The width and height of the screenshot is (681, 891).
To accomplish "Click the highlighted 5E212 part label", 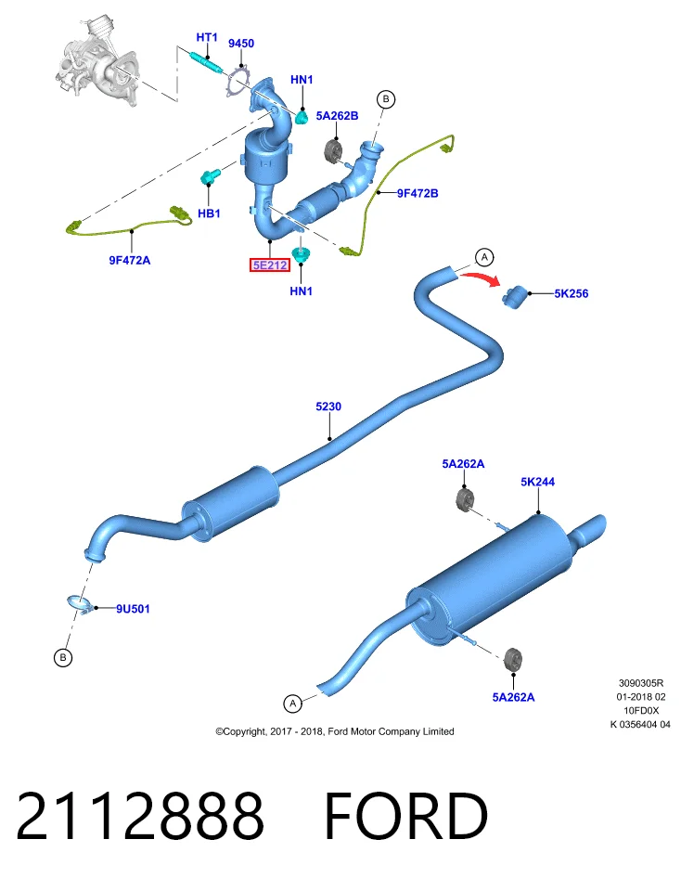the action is coord(270,265).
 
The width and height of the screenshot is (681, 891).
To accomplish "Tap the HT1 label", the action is coord(207,37).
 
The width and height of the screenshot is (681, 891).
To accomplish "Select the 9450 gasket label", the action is coord(241,44).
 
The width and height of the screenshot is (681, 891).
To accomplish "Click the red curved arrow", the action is coord(480,278).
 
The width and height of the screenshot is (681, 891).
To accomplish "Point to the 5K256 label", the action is coord(572,294).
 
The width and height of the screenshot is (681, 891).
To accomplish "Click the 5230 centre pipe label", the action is coord(328,407).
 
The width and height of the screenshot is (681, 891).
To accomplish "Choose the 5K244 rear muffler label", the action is coord(537,482).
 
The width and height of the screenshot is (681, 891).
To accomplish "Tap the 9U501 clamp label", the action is coord(133,609).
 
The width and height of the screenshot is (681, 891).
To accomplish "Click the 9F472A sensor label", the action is coord(130,260).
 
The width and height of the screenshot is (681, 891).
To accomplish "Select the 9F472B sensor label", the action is coord(418,193).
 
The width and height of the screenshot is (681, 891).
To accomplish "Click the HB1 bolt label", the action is coord(209,213).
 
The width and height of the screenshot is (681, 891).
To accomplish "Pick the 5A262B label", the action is coord(338,116).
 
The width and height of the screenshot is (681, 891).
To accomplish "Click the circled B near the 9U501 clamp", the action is coord(62,657).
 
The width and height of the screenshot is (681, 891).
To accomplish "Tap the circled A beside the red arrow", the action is coord(484,257).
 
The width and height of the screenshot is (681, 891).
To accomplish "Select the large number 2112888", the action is coord(140,816).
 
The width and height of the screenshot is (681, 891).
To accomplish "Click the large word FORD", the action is coord(406,816).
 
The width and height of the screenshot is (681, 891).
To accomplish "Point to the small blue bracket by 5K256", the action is coord(515,297).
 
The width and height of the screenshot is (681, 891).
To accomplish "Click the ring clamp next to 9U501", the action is coord(80,604).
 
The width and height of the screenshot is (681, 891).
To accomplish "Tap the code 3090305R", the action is coord(641,683).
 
